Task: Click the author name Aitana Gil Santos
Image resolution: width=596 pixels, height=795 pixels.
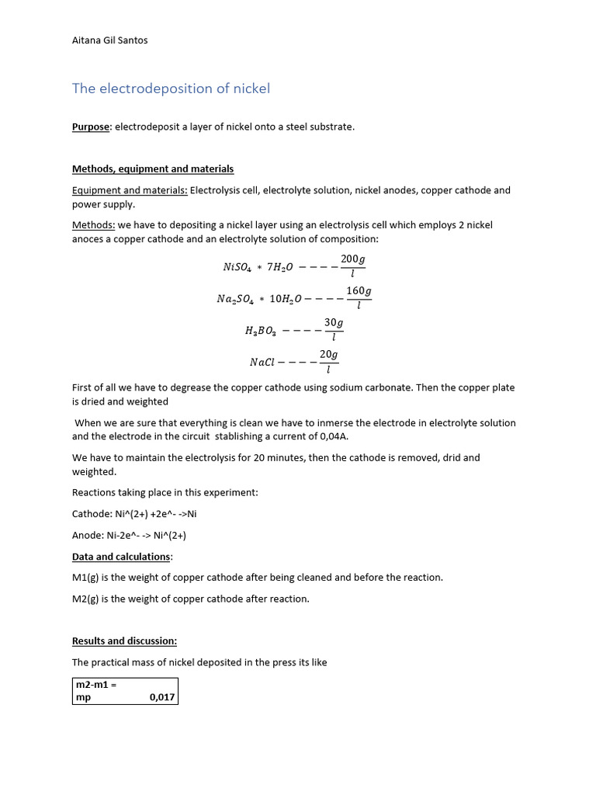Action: point(109,40)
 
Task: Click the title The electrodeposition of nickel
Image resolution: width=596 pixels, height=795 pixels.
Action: point(171,89)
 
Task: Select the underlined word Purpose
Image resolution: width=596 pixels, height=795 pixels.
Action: point(92,127)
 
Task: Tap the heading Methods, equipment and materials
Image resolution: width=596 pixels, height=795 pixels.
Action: point(153,168)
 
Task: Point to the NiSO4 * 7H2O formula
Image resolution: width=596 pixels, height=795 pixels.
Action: point(258,267)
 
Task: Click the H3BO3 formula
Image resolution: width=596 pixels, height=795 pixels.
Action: point(259,331)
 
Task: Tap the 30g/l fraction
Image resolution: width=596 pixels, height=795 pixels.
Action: point(334,329)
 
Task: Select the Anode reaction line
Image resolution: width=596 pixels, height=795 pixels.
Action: point(129,535)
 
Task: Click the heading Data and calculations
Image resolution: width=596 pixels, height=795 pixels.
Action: point(122,557)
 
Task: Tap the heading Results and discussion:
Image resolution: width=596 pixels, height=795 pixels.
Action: point(124,641)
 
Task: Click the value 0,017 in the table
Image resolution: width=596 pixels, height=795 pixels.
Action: point(161,698)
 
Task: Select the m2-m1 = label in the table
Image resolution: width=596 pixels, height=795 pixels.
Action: point(95,684)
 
